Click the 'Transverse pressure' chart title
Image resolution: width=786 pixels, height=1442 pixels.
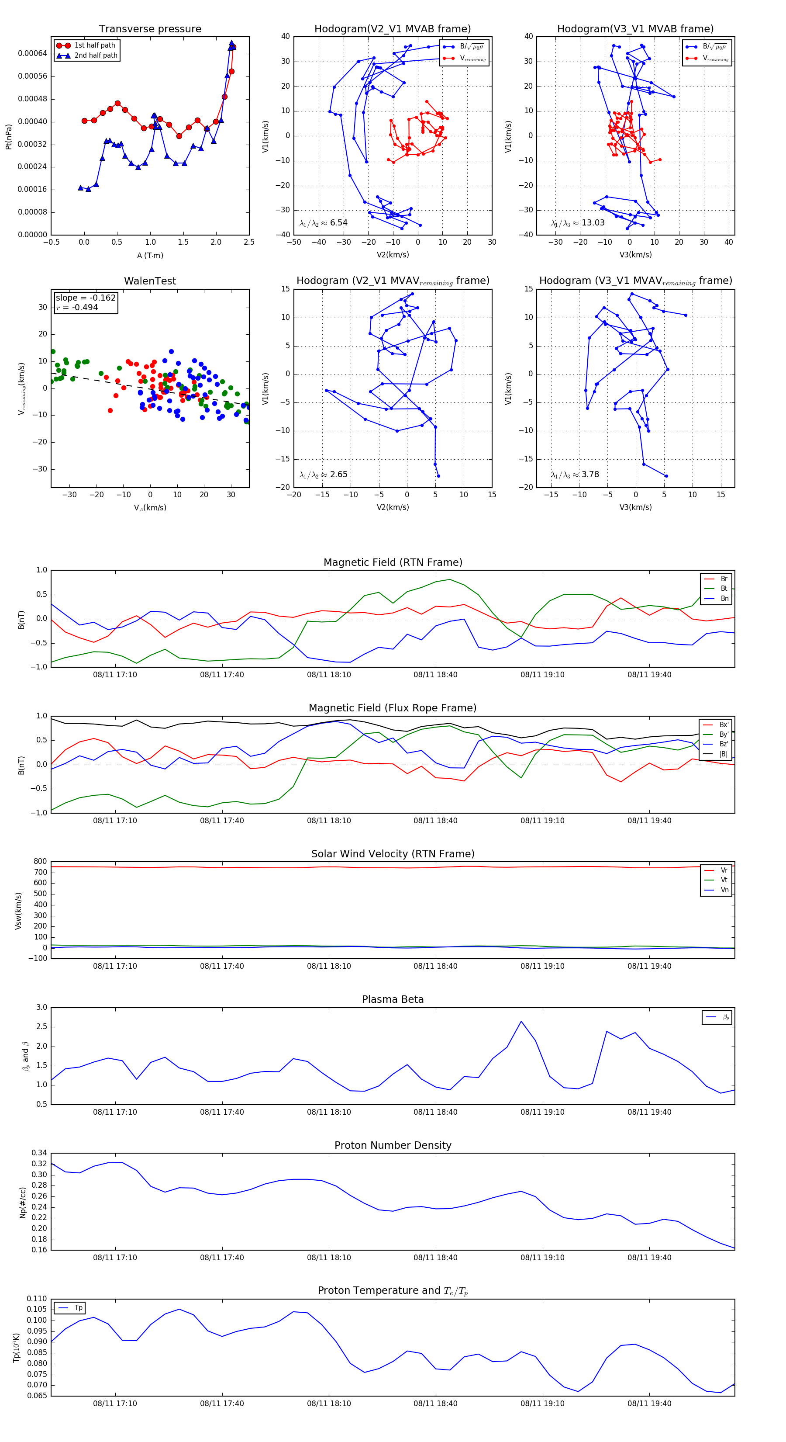[x=150, y=29]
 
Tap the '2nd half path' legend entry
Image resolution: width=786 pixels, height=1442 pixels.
[x=96, y=55]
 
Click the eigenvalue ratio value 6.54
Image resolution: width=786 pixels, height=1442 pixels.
[x=338, y=223]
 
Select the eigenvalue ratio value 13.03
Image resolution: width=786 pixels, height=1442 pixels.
[x=593, y=223]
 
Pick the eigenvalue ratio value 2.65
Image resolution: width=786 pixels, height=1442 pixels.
[x=338, y=475]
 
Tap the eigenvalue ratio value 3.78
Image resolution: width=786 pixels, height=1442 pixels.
[x=590, y=475]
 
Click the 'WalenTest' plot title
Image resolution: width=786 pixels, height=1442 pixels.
[x=150, y=281]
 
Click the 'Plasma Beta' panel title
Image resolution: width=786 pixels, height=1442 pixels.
[x=393, y=1000]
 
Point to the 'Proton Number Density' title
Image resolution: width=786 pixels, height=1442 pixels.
[x=393, y=1145]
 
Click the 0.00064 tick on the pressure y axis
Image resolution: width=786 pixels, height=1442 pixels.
[x=32, y=54]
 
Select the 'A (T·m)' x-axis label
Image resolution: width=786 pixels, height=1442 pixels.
[x=150, y=256]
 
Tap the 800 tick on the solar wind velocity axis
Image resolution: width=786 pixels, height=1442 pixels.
[x=40, y=862]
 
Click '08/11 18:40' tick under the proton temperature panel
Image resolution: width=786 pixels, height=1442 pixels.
[x=435, y=1404]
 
